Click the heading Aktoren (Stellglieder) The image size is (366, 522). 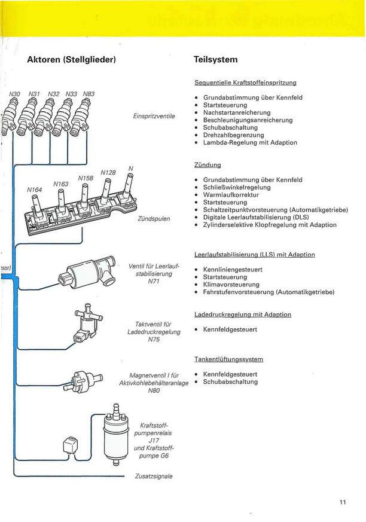point(71,60)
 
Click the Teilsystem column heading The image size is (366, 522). point(216,60)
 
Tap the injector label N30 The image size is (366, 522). point(15,94)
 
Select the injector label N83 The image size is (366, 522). point(89,94)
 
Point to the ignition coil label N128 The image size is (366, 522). point(108,173)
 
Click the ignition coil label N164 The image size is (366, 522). point(34,190)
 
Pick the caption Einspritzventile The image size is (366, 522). point(154,116)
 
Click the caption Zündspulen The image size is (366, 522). point(154,219)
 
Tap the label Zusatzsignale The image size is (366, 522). point(154,477)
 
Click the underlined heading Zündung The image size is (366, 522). point(208,164)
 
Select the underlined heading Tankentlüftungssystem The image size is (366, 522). point(228,359)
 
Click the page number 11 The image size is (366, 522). point(343,502)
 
